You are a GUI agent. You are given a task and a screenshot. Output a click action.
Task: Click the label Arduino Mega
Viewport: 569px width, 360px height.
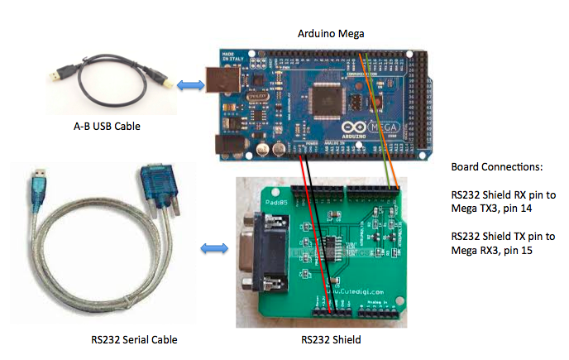coord(330,32)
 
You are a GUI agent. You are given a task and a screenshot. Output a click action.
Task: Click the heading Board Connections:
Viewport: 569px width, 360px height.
coord(496,166)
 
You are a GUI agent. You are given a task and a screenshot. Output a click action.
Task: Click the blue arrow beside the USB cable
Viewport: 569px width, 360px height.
coord(191,85)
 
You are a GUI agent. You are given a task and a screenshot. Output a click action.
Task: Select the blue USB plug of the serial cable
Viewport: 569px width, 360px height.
coord(36,183)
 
